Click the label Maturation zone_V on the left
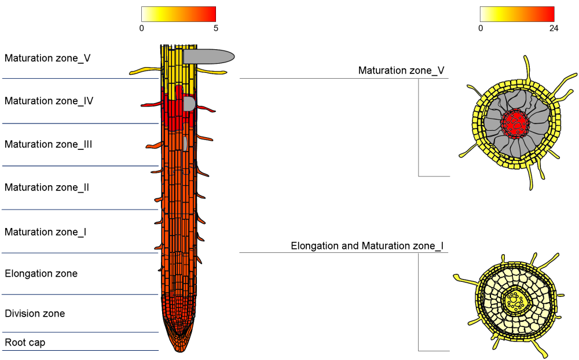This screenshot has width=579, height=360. (x=47, y=58)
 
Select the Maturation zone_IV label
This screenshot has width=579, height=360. (x=49, y=101)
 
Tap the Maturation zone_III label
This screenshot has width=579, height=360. (x=48, y=144)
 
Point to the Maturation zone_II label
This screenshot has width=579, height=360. (x=46, y=188)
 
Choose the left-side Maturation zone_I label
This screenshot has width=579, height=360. (x=45, y=232)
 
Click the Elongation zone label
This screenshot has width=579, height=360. (x=41, y=273)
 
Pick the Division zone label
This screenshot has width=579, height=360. (x=35, y=314)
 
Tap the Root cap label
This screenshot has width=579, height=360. (x=25, y=343)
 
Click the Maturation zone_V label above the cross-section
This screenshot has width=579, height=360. (x=401, y=71)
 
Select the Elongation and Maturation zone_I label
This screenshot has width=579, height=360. (x=367, y=246)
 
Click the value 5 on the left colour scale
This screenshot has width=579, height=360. (x=215, y=28)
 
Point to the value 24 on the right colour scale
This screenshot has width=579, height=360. (x=554, y=28)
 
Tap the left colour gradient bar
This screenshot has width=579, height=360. (x=178, y=14)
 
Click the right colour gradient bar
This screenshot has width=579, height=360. (x=517, y=14)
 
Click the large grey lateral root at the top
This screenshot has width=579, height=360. (x=208, y=56)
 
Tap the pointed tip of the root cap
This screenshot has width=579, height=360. (x=179, y=349)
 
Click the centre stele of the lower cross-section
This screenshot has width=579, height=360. (x=514, y=300)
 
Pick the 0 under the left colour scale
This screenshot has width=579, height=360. (x=142, y=28)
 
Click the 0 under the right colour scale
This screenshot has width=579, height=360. (x=481, y=28)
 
